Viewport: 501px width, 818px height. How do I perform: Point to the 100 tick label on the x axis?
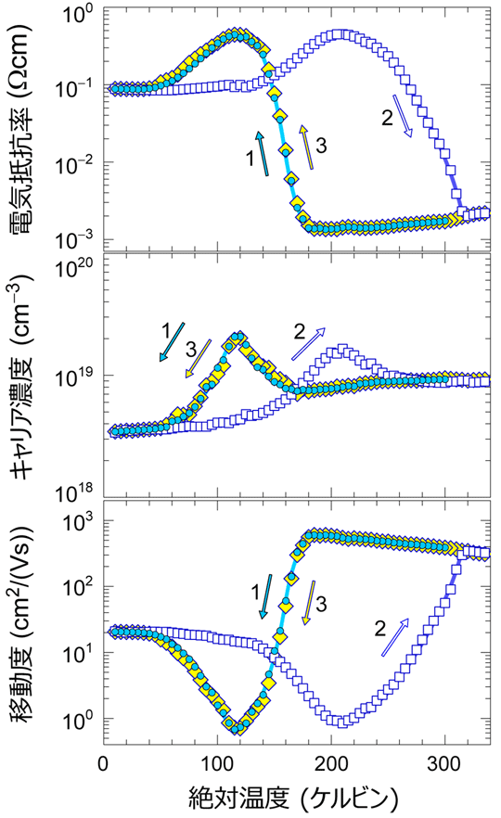(x=215, y=763)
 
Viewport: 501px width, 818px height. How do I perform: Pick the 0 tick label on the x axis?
(x=102, y=763)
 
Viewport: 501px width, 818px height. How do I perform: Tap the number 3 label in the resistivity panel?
(x=322, y=145)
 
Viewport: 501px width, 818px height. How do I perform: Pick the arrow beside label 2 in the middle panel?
(x=309, y=344)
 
